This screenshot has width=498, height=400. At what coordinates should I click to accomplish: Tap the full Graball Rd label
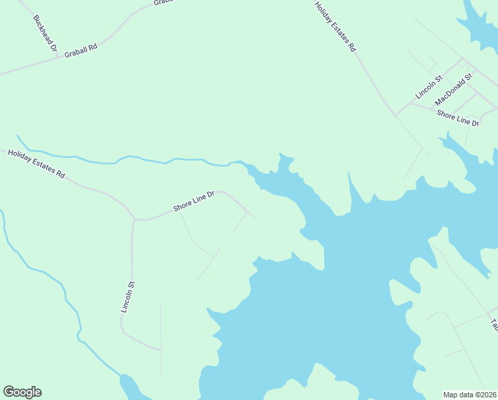click(x=81, y=51)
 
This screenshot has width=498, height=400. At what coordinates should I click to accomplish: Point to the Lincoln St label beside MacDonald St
click(x=429, y=87)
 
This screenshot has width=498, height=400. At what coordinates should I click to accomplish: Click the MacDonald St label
click(x=453, y=89)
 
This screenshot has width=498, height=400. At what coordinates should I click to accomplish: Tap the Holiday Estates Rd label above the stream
click(x=36, y=164)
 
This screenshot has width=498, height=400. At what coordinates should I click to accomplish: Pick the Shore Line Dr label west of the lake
click(x=194, y=201)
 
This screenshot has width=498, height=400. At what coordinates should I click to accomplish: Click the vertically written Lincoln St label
click(x=128, y=297)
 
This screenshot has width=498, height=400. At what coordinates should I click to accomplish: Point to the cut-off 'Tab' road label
click(x=494, y=325)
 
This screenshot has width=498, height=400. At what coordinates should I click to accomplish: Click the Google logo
click(x=22, y=392)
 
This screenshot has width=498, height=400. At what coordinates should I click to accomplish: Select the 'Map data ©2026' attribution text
click(x=470, y=395)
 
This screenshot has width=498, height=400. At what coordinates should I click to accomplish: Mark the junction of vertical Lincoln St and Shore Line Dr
click(x=134, y=218)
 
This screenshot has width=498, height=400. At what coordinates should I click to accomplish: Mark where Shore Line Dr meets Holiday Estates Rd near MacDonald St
click(x=395, y=115)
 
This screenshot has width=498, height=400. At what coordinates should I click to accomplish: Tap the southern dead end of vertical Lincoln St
click(x=160, y=349)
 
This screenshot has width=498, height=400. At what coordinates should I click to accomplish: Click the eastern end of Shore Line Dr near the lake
click(x=254, y=217)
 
